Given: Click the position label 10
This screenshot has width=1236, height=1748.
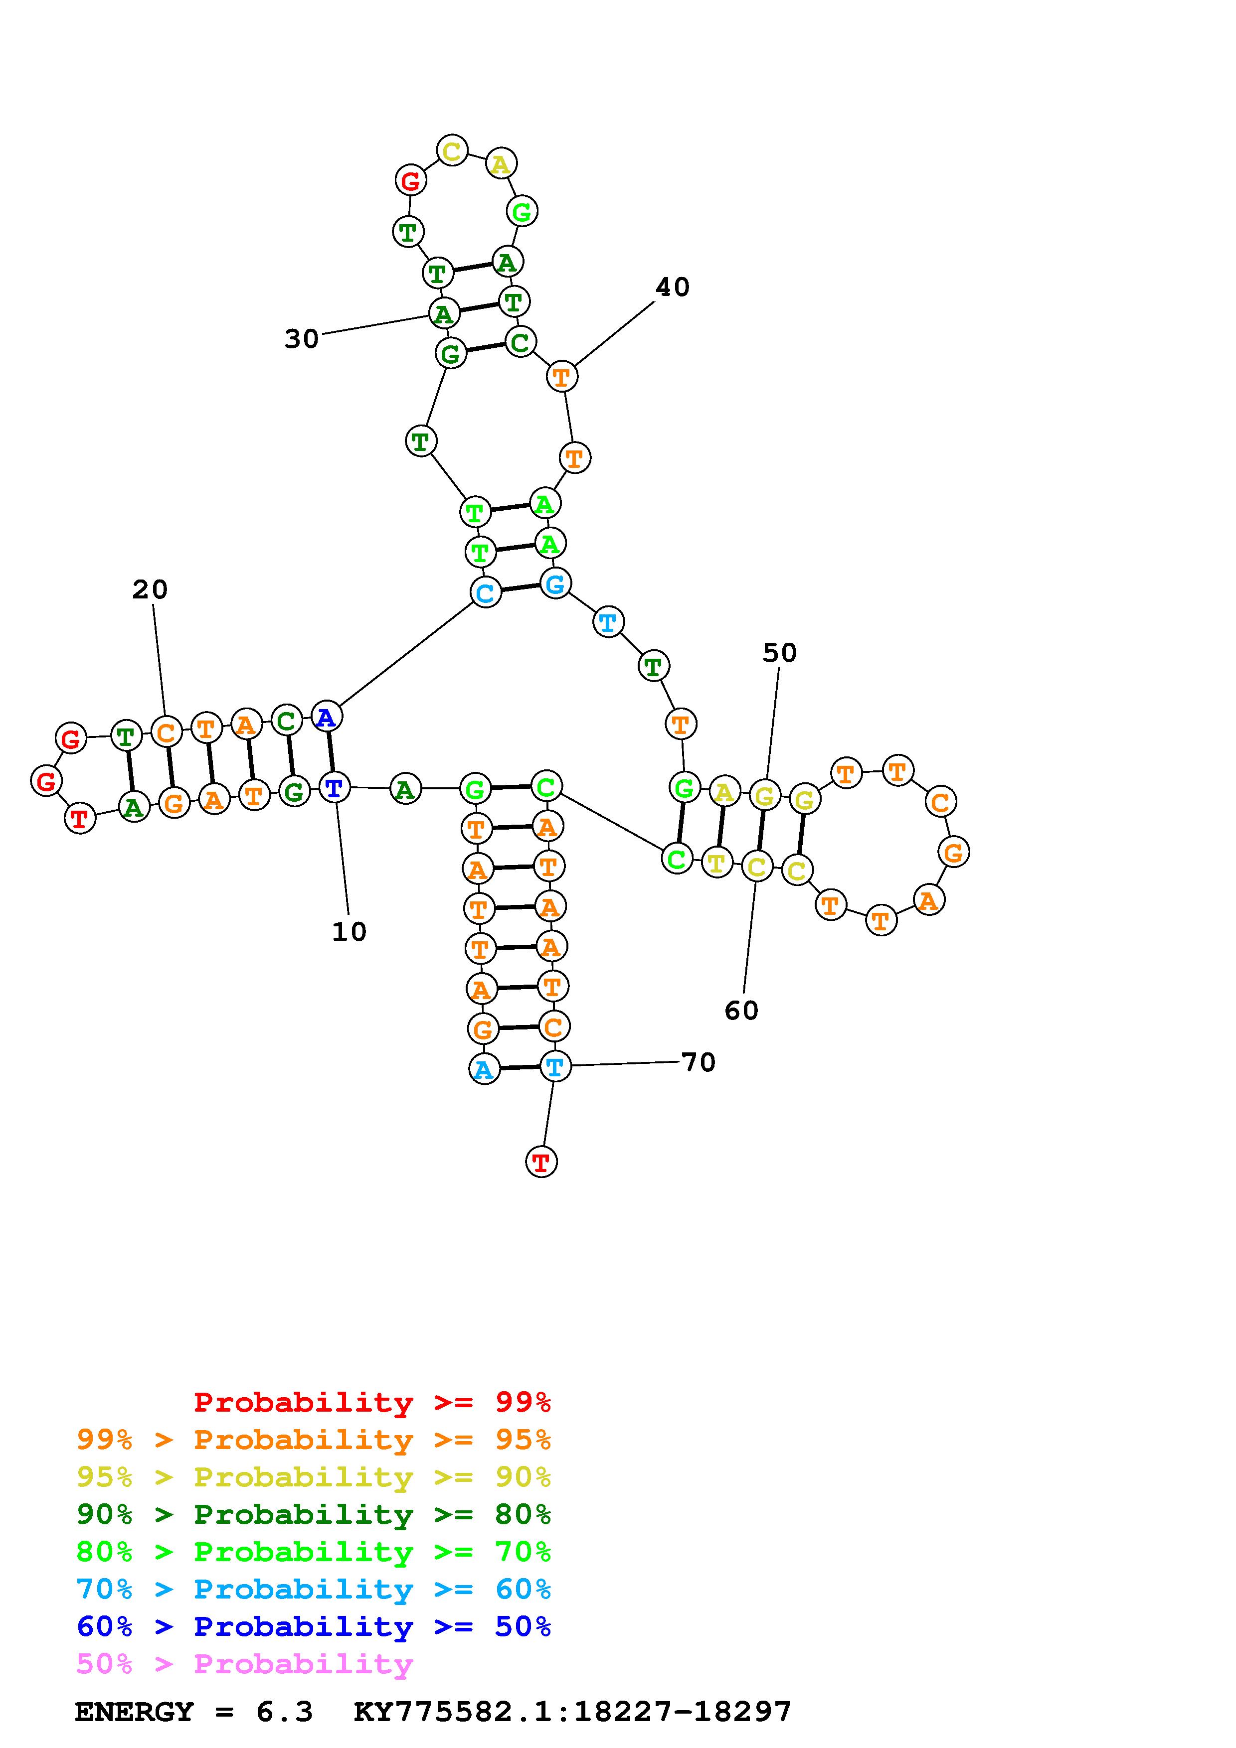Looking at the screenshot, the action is tap(349, 931).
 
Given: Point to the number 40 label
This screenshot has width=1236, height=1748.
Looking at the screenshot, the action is tap(673, 287).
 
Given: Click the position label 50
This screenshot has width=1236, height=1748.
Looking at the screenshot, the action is tap(779, 652).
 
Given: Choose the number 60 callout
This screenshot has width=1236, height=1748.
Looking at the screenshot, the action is tap(741, 1010).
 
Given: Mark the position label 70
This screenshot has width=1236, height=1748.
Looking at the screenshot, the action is tap(699, 1062).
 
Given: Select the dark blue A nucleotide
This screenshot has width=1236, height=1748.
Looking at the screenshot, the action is tap(326, 717).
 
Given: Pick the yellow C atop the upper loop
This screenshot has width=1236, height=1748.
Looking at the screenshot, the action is tap(452, 151).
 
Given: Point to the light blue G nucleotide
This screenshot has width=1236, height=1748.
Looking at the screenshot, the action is tap(555, 584).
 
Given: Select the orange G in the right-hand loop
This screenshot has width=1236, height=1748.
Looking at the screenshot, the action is tap(953, 852).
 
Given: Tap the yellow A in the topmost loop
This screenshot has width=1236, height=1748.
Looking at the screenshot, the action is tap(501, 163).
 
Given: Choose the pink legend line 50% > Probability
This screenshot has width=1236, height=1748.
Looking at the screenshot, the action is tap(244, 1664).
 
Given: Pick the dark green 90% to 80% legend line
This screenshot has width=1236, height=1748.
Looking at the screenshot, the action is tap(314, 1514).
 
